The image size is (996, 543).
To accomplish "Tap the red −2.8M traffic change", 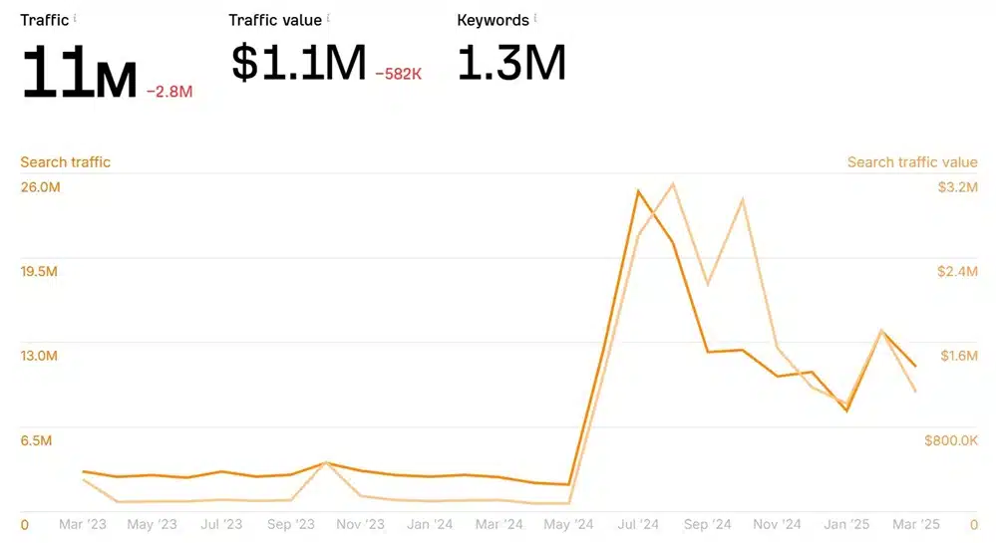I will click(x=169, y=92).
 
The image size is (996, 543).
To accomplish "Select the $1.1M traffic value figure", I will click(x=298, y=64).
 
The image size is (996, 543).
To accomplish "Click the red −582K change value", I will click(x=399, y=74).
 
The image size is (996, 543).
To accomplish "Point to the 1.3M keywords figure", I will click(x=511, y=64).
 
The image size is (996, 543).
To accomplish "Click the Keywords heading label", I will click(x=493, y=20).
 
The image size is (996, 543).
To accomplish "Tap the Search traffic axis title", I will click(x=66, y=161).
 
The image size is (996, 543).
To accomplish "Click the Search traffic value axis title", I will click(x=912, y=161).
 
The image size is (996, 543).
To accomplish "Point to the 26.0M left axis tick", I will click(x=41, y=187).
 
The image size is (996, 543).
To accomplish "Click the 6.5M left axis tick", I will click(x=37, y=440).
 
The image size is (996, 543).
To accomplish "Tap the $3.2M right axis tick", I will click(x=957, y=187).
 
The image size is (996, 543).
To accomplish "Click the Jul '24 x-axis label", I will click(x=638, y=524).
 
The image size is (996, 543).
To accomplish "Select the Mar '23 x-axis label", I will click(x=83, y=524).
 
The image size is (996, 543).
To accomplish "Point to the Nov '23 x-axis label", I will click(x=360, y=524).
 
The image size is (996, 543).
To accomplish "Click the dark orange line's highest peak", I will click(x=638, y=190).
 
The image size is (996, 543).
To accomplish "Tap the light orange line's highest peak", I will click(x=674, y=183).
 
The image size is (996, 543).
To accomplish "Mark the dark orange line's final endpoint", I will click(x=915, y=366).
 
